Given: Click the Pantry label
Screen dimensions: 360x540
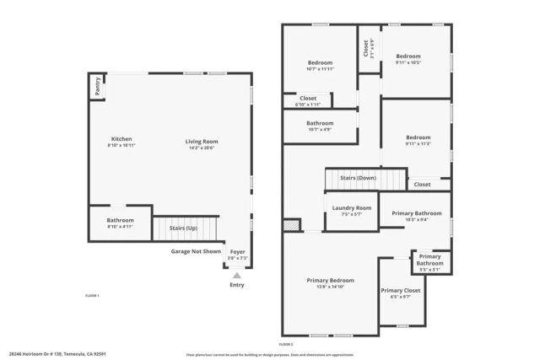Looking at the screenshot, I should pos(97,85).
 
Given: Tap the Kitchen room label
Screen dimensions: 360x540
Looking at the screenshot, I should pos(121,139).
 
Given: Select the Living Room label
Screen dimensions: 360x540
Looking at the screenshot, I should pos(202,141).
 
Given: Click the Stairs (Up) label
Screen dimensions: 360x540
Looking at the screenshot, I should pos(184,228).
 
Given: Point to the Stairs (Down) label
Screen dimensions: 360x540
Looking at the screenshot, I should pos(358,178).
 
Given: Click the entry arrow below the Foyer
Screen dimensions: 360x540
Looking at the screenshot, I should pos(237,275).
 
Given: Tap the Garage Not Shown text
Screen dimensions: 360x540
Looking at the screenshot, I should pos(196,250).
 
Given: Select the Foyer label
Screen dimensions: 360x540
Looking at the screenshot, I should pos(238,250).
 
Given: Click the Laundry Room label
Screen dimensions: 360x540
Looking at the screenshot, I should pos(351,207).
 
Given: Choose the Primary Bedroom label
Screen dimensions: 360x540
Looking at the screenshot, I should pos(330,280).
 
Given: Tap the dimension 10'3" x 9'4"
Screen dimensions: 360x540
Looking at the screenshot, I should pos(416,219).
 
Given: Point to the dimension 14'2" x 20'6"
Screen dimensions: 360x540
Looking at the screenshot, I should pos(202,147).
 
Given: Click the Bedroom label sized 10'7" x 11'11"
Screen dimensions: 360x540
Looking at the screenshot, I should pos(320,62).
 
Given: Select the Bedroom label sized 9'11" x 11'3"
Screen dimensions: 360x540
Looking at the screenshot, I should pos(418,137).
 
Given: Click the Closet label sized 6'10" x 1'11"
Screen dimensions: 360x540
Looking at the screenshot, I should pos(308,98).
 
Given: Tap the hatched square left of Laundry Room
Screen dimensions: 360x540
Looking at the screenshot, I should pos(291,225).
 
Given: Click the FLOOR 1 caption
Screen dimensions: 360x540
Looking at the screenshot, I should pos(93,295).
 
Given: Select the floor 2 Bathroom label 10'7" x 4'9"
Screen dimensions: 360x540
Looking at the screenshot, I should pos(320,123).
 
